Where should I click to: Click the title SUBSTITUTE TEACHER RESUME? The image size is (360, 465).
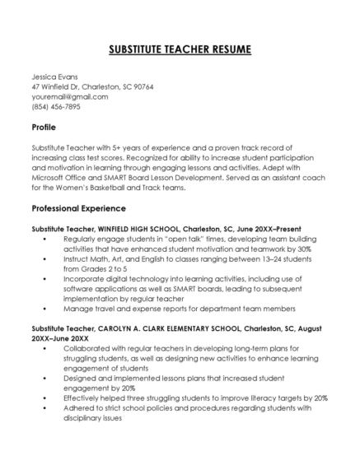tap(180, 50)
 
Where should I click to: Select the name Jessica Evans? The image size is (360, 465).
tap(54, 77)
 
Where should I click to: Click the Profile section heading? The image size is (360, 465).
tap(44, 128)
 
